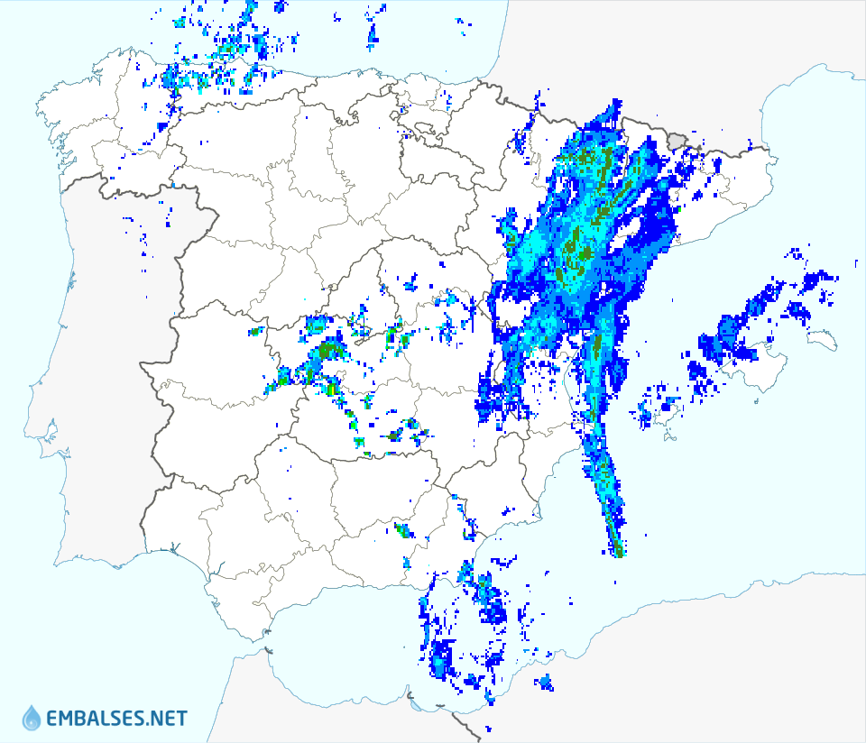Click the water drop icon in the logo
(32, 718)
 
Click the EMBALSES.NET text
(116, 719)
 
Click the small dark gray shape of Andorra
(677, 139)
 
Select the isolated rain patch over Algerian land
(544, 683)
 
